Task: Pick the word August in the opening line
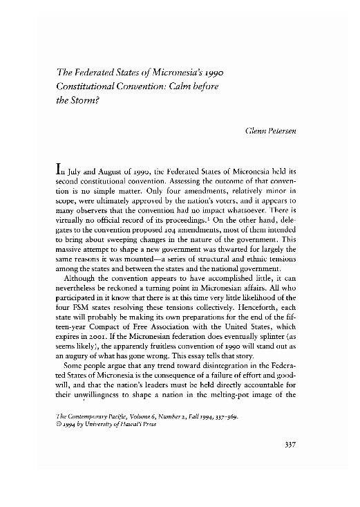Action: (121, 168)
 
